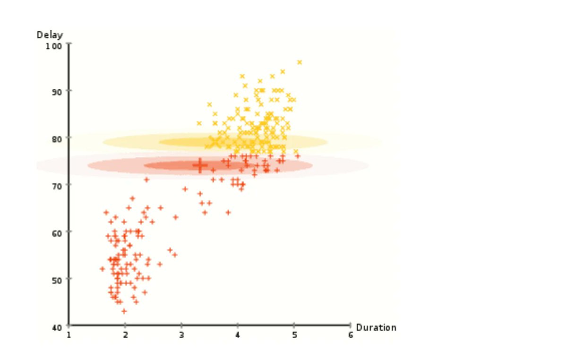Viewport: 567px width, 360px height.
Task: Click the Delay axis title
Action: pos(49,35)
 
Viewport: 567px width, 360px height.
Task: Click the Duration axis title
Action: pos(376,327)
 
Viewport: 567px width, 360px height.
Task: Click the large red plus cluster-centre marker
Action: pos(200,165)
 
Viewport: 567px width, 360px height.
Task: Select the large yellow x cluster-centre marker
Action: pos(215,142)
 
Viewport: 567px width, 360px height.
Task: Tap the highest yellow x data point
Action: pos(299,62)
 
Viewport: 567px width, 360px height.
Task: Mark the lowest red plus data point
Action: pos(124,311)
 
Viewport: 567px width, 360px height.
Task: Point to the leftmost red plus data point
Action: pos(102,269)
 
